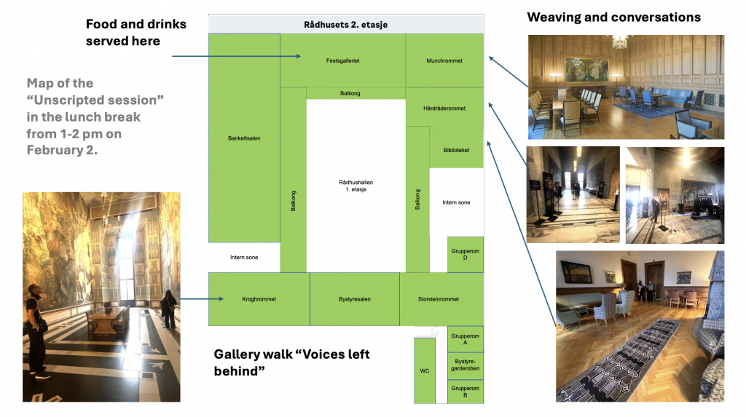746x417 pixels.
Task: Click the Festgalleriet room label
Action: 343,61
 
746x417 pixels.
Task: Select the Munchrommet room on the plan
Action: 444,61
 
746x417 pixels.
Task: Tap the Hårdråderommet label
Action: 444,108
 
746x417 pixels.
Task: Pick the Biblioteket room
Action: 456,150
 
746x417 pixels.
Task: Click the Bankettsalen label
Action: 244,138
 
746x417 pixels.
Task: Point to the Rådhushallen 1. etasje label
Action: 356,186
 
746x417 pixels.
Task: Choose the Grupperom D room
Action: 465,255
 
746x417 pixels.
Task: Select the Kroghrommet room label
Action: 259,299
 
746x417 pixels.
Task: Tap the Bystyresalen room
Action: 355,299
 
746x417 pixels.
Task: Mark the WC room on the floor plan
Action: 424,371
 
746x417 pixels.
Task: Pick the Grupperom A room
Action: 465,339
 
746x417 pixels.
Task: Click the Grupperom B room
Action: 465,392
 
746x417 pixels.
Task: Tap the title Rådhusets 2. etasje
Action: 345,25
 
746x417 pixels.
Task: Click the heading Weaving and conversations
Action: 613,17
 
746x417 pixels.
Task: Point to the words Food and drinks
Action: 136,25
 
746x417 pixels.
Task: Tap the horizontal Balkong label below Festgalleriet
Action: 350,93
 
